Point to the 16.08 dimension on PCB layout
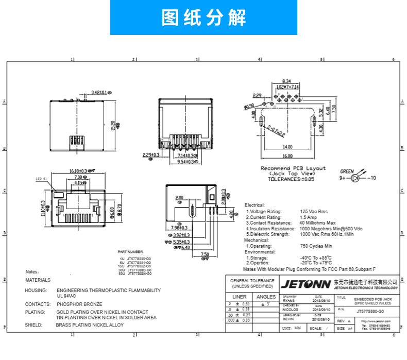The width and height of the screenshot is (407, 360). [x=287, y=156]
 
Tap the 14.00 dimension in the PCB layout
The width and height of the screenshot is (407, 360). [x=287, y=147]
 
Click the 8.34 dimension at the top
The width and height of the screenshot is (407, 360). [x=287, y=81]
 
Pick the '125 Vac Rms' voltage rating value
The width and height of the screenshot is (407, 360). [x=314, y=211]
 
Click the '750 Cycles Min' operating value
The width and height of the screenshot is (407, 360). [x=316, y=246]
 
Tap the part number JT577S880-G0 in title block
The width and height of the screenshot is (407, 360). [x=369, y=311]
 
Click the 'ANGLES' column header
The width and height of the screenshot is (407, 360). [x=266, y=297]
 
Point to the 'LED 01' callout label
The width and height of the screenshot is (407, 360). [x=41, y=179]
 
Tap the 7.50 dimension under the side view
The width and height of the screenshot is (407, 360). [x=205, y=254]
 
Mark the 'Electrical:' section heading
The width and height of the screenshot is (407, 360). [x=255, y=205]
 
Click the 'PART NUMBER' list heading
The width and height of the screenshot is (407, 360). [x=130, y=252]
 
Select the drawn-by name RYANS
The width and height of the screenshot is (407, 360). [x=288, y=299]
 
